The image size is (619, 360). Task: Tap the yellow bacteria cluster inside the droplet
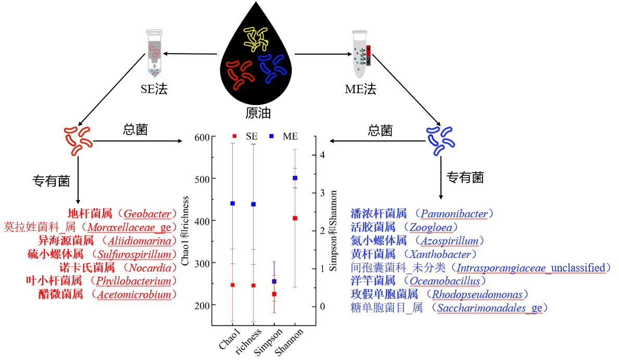pos(258,38)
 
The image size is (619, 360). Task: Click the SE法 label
pos(154,89)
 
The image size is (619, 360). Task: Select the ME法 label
pos(360,89)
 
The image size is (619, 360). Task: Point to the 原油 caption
pos(258,113)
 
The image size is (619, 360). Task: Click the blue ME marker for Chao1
pos(233,203)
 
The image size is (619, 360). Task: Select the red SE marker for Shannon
pos(295,218)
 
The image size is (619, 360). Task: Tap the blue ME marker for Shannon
pos(295,178)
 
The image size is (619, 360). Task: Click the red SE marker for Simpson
pos(274,294)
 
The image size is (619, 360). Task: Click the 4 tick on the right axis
pos(323,155)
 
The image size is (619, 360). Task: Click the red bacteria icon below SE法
pos(78,140)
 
